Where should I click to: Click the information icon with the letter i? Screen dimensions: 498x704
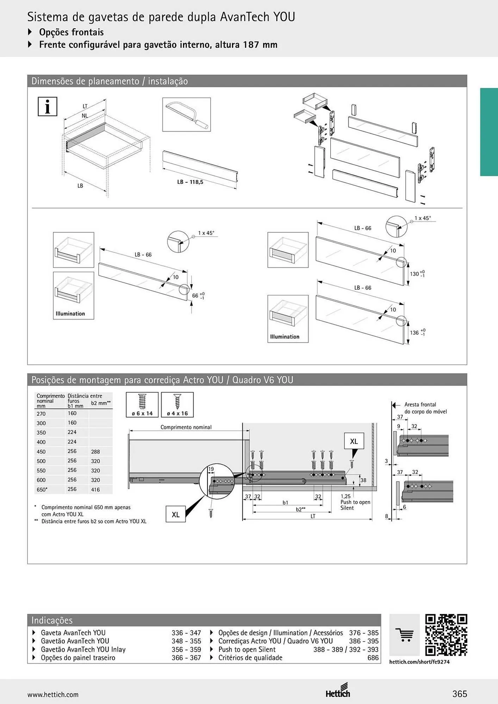(48, 107)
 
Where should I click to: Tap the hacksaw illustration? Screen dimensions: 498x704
(186, 115)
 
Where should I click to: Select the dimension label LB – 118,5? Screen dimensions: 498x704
(190, 182)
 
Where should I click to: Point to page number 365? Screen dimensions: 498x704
(460, 694)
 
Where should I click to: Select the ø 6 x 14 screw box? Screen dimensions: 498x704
(142, 405)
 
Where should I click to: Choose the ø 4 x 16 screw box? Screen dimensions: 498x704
(177, 405)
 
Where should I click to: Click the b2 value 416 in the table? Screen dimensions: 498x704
(95, 490)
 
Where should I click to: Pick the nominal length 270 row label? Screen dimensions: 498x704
(41, 414)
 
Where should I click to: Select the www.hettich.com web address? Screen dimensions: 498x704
(53, 694)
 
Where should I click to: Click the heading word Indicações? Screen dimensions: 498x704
(52, 620)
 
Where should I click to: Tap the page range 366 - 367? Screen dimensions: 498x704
(186, 658)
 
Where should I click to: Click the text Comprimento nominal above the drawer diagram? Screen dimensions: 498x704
(186, 427)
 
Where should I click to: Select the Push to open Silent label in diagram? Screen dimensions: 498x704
(355, 505)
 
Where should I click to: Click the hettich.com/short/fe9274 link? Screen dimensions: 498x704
(419, 662)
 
